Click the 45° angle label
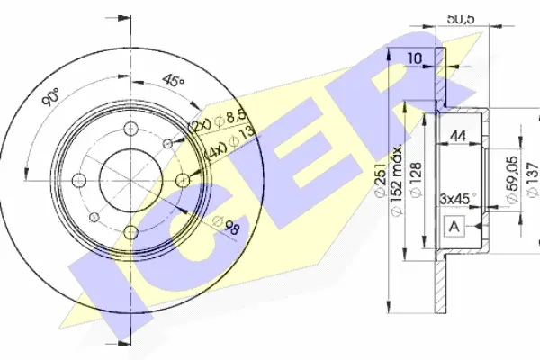[174, 81]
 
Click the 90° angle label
[50, 97]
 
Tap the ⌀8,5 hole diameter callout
[230, 118]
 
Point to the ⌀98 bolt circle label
[226, 225]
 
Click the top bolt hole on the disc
[131, 129]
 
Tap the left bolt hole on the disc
[79, 180]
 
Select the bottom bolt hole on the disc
[131, 232]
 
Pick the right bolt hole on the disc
[183, 180]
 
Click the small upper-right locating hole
[167, 143]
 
